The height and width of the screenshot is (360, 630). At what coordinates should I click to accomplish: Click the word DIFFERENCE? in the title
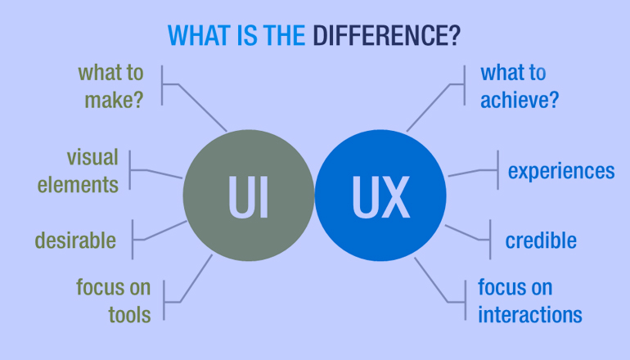[386, 35]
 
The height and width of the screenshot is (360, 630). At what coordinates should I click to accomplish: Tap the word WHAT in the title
[199, 35]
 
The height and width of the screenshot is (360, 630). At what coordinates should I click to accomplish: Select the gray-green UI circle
[249, 196]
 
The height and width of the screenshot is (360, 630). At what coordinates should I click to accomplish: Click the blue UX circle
[380, 196]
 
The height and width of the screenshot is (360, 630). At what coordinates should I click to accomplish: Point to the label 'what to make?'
[111, 86]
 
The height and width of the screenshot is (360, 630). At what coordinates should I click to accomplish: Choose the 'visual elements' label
[78, 170]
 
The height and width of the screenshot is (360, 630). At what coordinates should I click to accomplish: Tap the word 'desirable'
[75, 241]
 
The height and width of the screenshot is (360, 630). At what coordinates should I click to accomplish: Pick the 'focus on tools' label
[114, 300]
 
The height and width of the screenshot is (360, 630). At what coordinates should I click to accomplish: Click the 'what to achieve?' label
[520, 86]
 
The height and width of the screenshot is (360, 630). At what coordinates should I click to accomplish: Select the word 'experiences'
[561, 171]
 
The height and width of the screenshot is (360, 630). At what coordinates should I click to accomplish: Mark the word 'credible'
[541, 241]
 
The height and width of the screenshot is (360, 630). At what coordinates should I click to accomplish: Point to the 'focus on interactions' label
[530, 300]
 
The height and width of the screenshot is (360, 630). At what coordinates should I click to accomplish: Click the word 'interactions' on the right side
[530, 314]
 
